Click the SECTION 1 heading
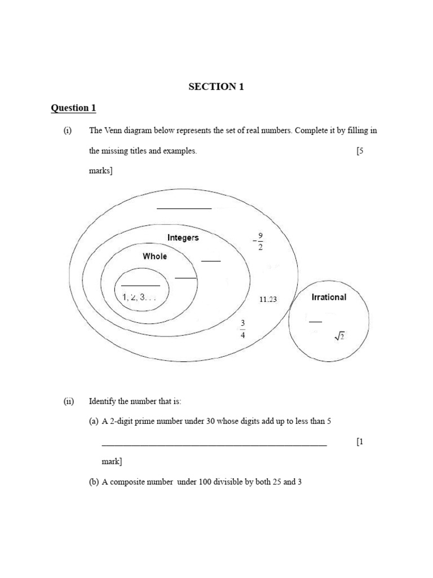click(x=216, y=86)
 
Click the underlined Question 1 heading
click(x=70, y=108)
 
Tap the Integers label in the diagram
click(x=183, y=238)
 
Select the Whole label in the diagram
click(x=155, y=256)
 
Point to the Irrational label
click(x=329, y=297)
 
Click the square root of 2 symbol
click(x=339, y=337)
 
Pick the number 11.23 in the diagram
click(x=268, y=300)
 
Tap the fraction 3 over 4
click(x=243, y=329)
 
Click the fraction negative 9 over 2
click(x=258, y=242)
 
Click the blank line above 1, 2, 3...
click(x=140, y=286)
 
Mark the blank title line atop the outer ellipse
click(x=184, y=208)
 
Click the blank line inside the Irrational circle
click(x=315, y=322)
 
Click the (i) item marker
click(x=68, y=131)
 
